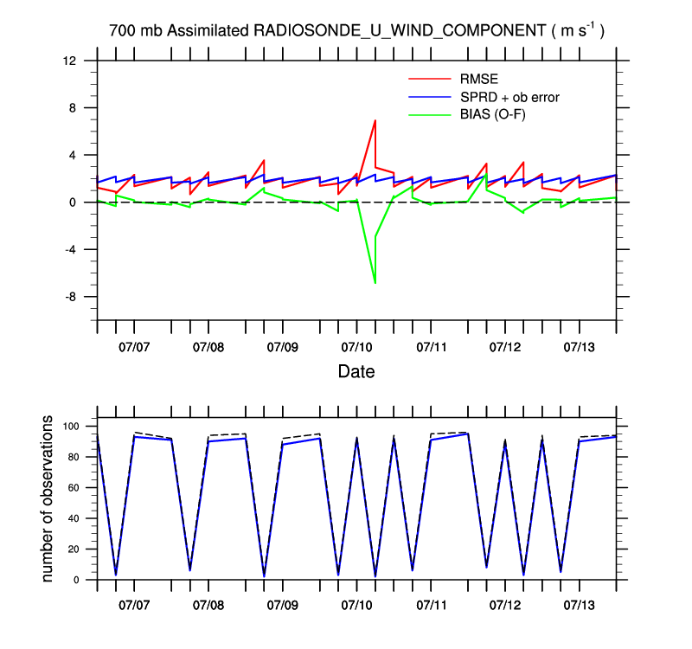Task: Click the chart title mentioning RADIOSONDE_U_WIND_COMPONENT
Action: pos(356,30)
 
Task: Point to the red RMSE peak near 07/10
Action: pos(375,120)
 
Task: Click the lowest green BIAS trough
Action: pos(375,283)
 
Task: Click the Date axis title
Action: pos(356,372)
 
